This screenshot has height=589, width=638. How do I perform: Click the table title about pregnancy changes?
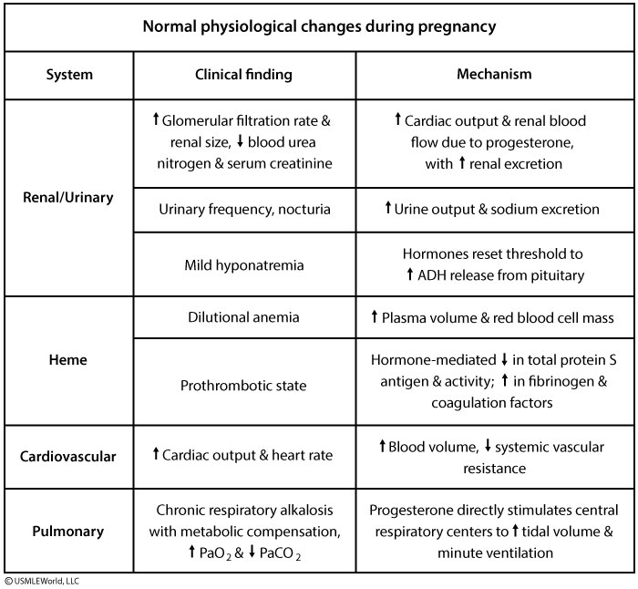[x=319, y=26]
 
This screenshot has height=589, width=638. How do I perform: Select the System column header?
[x=69, y=75]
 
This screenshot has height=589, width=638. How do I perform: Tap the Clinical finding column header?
[x=244, y=75]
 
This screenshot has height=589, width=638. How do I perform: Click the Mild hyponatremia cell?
[x=244, y=264]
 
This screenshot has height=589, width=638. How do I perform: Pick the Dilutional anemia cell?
[x=244, y=316]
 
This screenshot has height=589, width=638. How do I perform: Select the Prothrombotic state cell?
[x=244, y=385]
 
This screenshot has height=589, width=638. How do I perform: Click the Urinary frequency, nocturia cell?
[x=244, y=209]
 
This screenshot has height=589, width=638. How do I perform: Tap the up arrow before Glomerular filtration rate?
[x=156, y=120]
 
